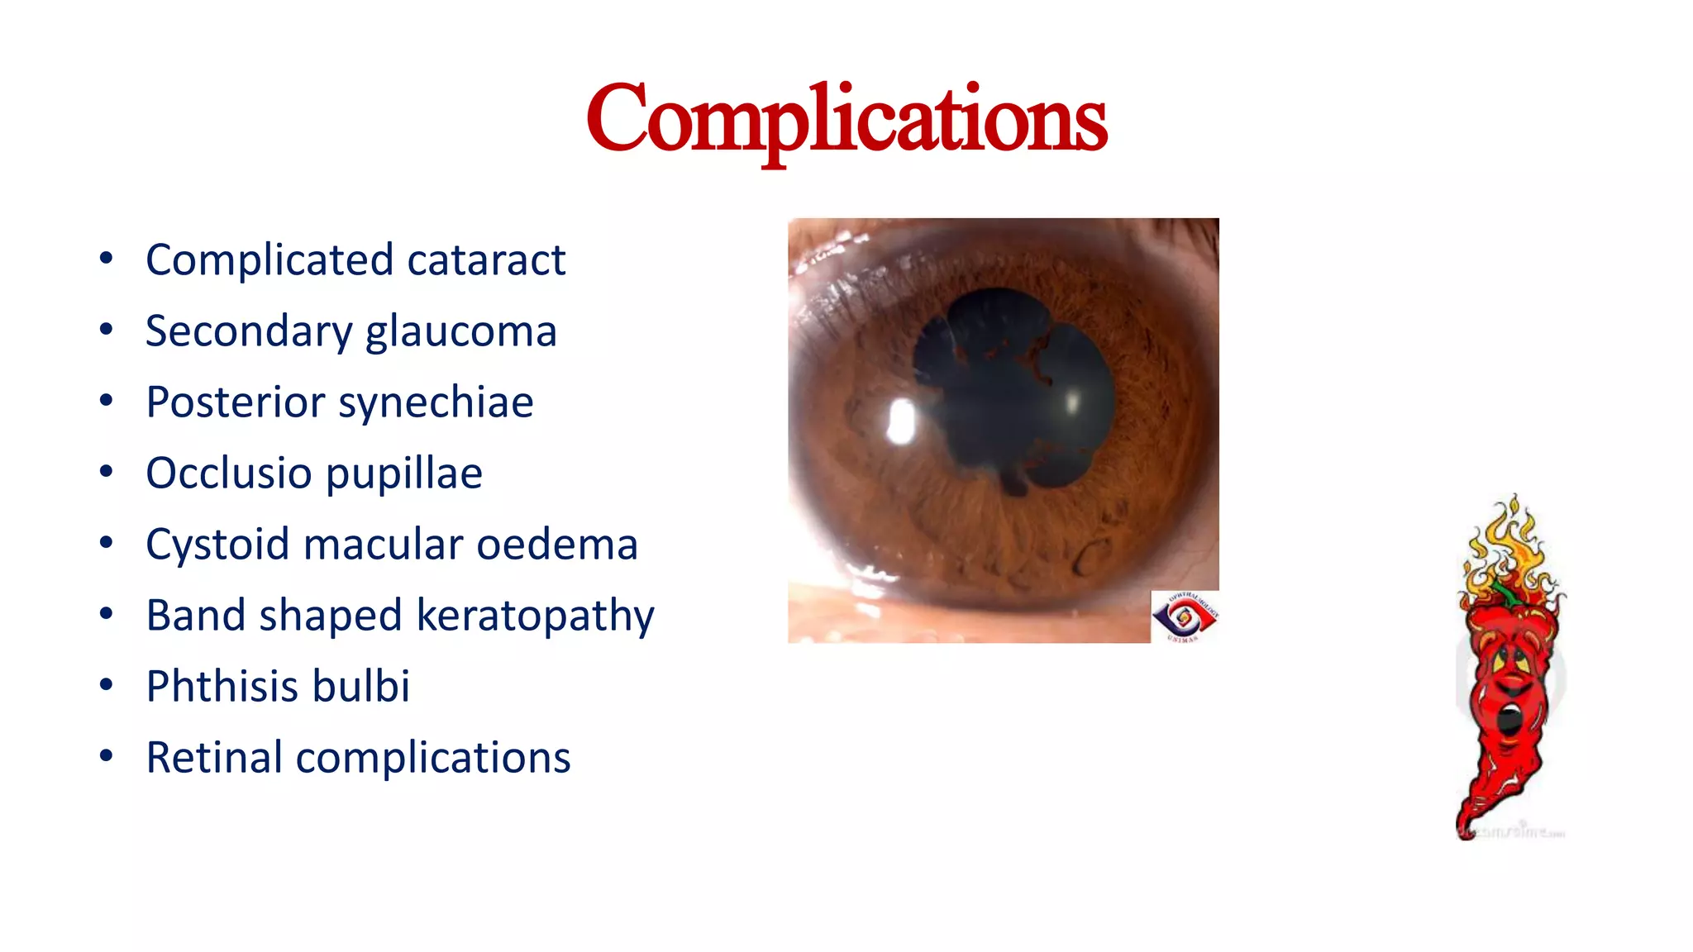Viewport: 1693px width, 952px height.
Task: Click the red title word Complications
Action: tap(846, 119)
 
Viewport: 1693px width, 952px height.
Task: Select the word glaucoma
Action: tap(460, 332)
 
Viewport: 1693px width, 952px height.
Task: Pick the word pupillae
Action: tap(404, 474)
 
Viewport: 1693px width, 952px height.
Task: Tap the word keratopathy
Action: tap(535, 616)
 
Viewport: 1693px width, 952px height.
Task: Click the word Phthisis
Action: tap(218, 687)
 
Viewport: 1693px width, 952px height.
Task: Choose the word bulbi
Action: tap(370, 687)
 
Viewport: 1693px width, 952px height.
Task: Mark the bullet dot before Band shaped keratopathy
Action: tap(106, 615)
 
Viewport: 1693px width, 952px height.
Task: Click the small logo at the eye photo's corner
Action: tap(1185, 616)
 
